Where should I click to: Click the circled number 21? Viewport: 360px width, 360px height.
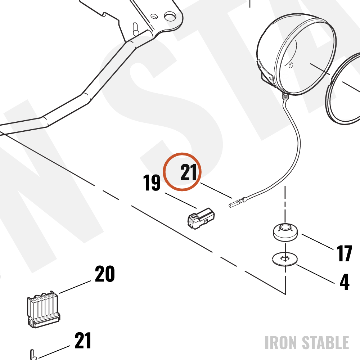[189, 172]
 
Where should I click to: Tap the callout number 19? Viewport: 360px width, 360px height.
[152, 183]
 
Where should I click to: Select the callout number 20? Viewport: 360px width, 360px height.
[105, 274]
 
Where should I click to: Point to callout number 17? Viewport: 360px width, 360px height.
[344, 253]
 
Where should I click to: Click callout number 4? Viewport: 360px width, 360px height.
[345, 282]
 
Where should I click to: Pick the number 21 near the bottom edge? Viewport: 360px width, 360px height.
[83, 341]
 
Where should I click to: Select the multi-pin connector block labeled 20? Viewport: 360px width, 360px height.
[44, 309]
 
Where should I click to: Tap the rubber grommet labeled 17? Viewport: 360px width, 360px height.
[285, 232]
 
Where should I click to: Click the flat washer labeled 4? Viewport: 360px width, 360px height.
[285, 259]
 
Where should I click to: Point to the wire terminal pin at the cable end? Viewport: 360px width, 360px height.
[237, 202]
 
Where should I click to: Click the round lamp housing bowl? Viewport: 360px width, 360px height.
[296, 54]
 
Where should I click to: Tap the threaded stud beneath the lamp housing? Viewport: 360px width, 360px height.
[285, 95]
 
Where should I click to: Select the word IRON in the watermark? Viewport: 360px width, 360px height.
[282, 343]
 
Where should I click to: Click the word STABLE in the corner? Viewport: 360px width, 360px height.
[325, 343]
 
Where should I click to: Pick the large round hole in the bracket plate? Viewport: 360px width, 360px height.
[170, 16]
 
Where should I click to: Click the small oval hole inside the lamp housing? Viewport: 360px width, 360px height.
[291, 65]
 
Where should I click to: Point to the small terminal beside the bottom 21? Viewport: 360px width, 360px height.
[33, 355]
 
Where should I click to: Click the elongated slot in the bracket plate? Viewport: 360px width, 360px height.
[135, 29]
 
